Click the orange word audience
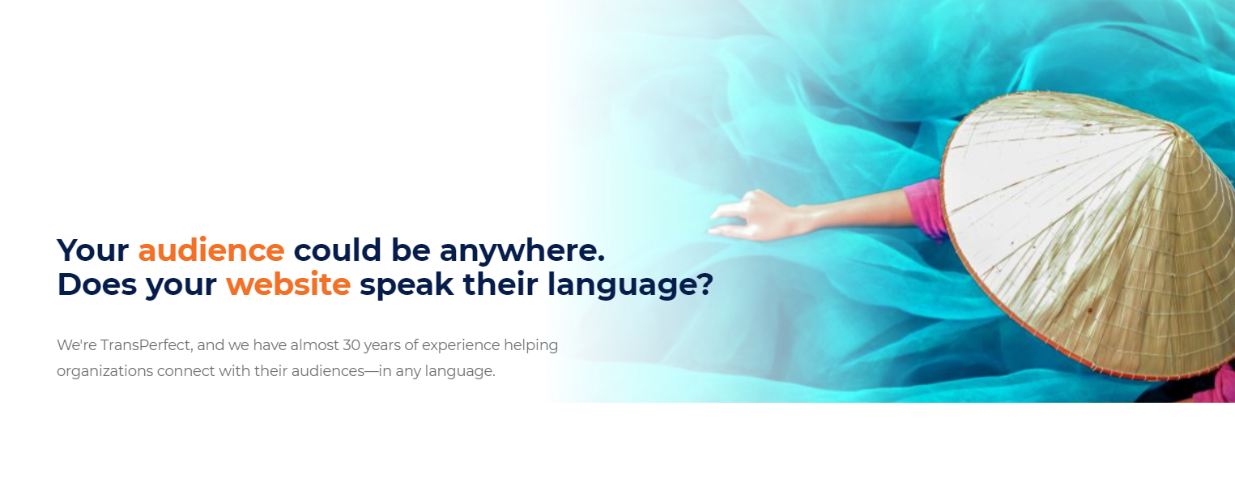211,250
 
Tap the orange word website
288,284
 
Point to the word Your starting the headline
92,250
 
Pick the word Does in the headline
97,284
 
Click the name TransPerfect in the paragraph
146,345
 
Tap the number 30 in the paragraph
351,345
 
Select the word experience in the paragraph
461,346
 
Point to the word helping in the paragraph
531,346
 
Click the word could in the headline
338,250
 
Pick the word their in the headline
500,284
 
